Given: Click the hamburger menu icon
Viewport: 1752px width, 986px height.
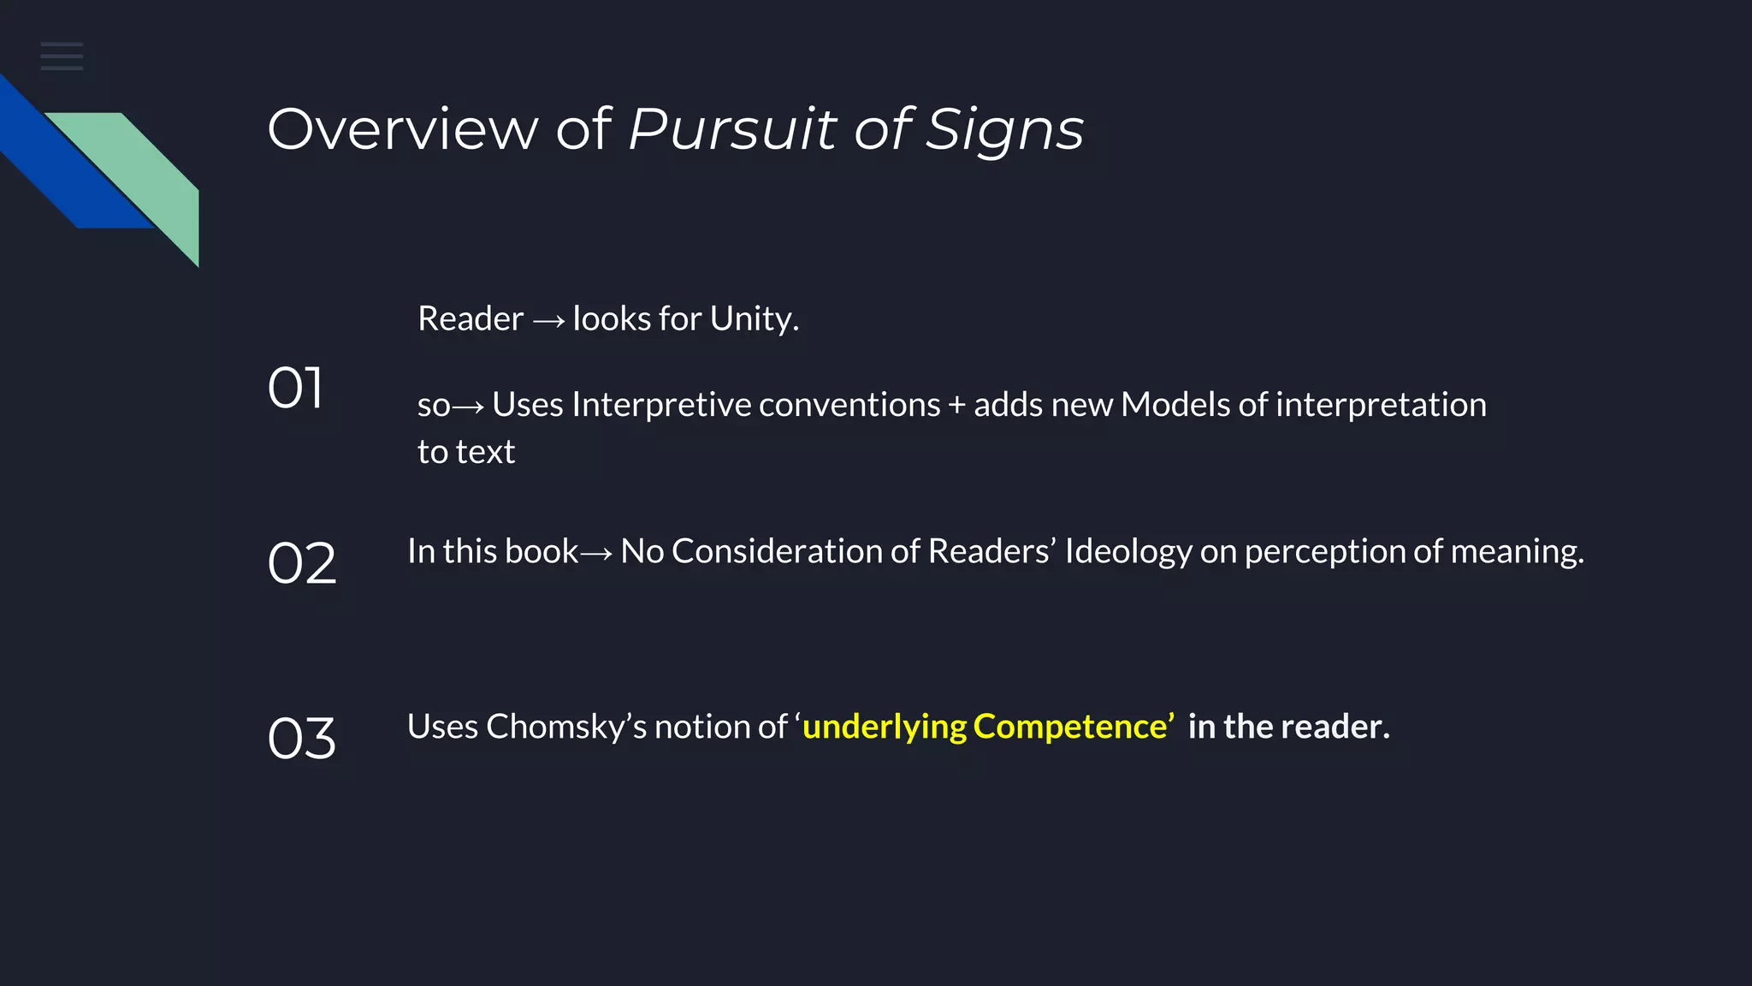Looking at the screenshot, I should pos(62,56).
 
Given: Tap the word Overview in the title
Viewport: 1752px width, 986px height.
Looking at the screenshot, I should pos(403,130).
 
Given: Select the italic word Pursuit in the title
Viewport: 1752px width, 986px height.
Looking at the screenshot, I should pos(732,130).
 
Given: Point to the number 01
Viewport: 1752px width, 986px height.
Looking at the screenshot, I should pos(295,388).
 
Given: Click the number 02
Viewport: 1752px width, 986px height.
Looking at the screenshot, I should pos(302,563).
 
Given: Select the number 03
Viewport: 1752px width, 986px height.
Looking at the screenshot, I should pos(302,738).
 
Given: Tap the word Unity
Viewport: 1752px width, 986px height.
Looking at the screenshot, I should pos(753,318).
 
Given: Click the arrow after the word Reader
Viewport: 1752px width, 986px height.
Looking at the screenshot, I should pos(548,321).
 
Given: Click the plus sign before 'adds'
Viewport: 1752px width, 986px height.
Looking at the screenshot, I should pos(956,406).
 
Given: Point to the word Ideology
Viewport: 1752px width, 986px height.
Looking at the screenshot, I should pos(1128,552).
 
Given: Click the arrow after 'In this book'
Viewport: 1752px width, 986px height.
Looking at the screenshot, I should pos(596,554).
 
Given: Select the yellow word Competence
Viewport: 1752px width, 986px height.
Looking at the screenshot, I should pos(1070,727).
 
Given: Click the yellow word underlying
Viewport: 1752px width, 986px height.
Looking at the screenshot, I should pos(884,728).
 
